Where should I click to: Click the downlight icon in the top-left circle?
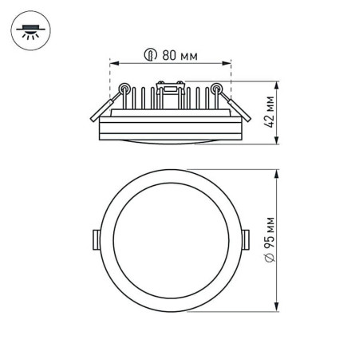29,32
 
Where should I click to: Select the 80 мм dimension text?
178,56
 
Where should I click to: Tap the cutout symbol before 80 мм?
150,56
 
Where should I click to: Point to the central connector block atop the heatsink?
169,89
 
